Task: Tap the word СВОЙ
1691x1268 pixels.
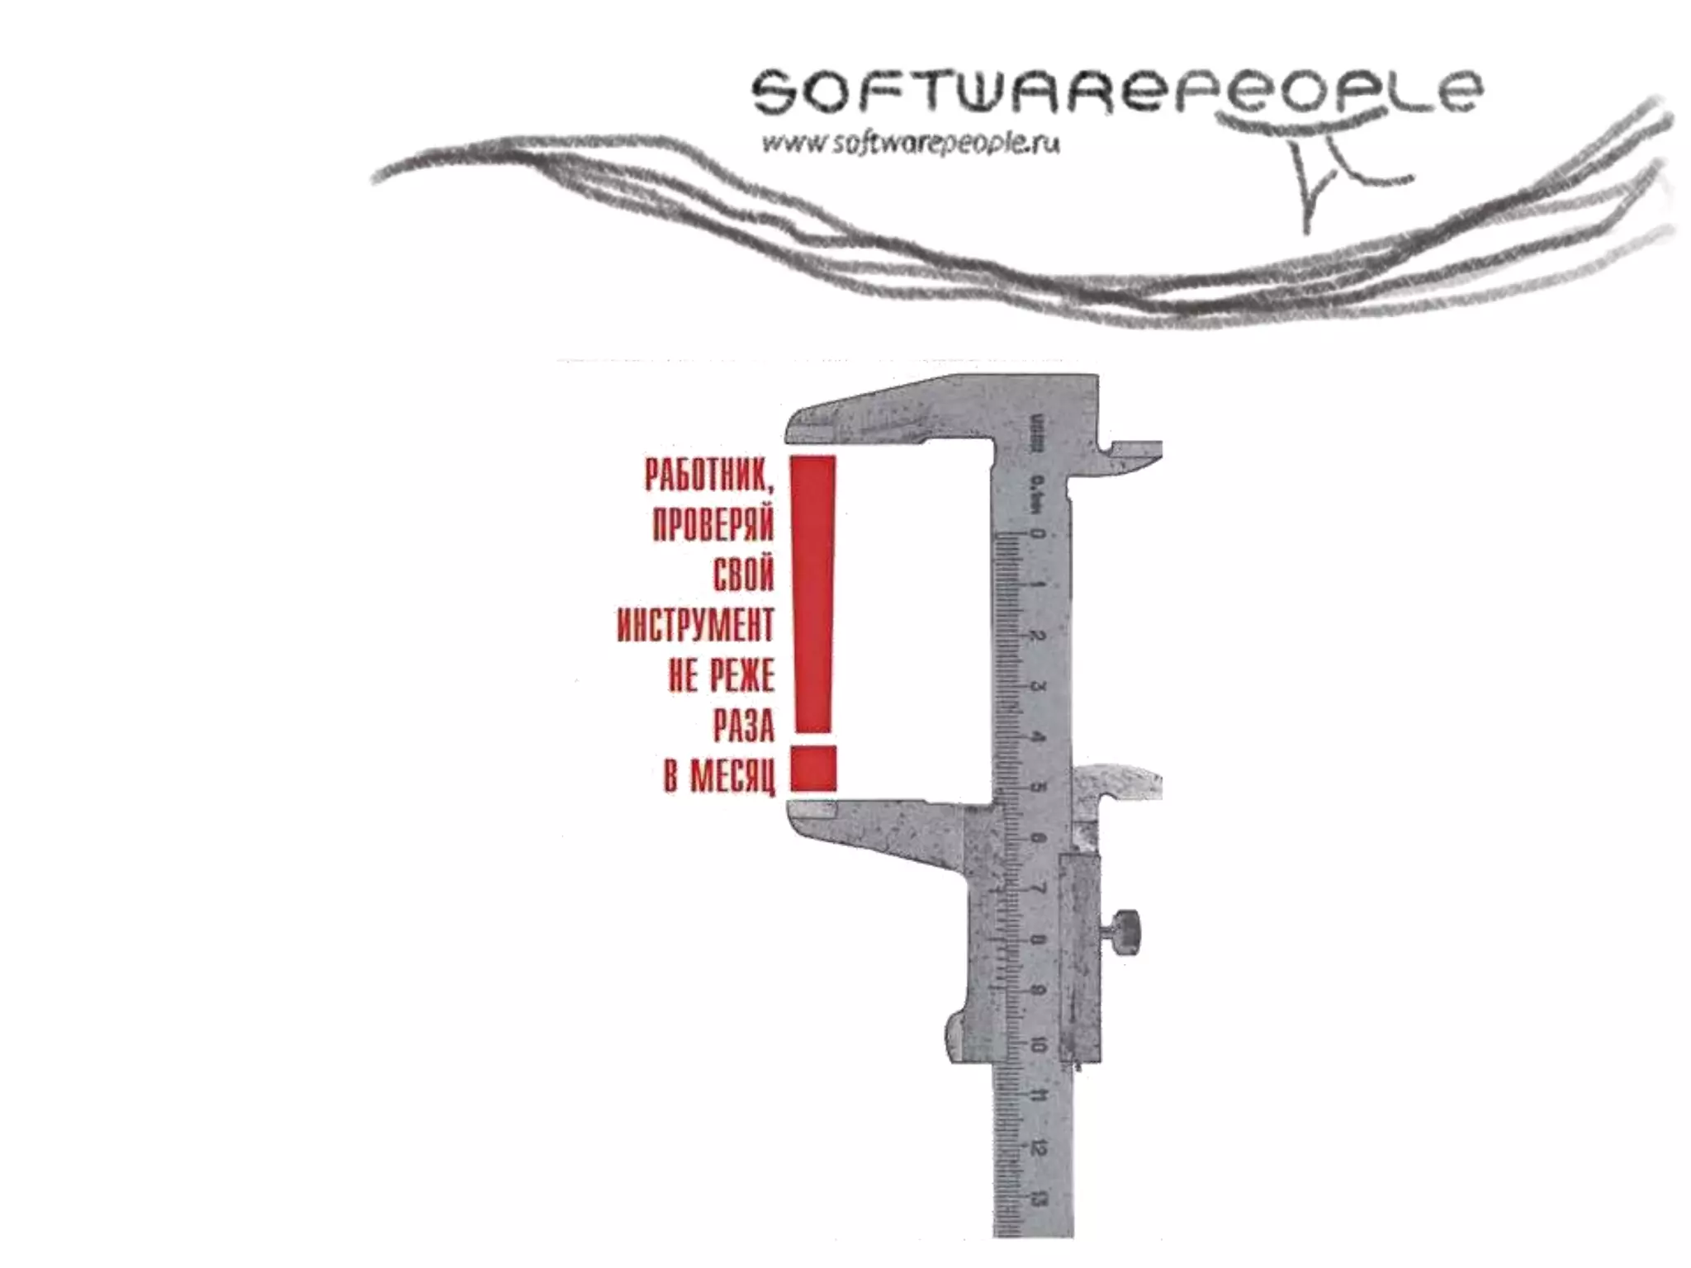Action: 744,575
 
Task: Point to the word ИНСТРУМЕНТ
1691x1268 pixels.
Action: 695,625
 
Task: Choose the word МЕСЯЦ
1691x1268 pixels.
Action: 732,777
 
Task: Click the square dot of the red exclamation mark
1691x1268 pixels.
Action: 813,769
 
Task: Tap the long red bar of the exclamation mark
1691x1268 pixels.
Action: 813,594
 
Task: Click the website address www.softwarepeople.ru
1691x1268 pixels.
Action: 911,144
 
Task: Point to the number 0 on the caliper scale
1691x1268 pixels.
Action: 1038,534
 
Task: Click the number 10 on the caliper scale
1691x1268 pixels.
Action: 1038,1045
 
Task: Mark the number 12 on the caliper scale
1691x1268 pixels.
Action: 1038,1147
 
